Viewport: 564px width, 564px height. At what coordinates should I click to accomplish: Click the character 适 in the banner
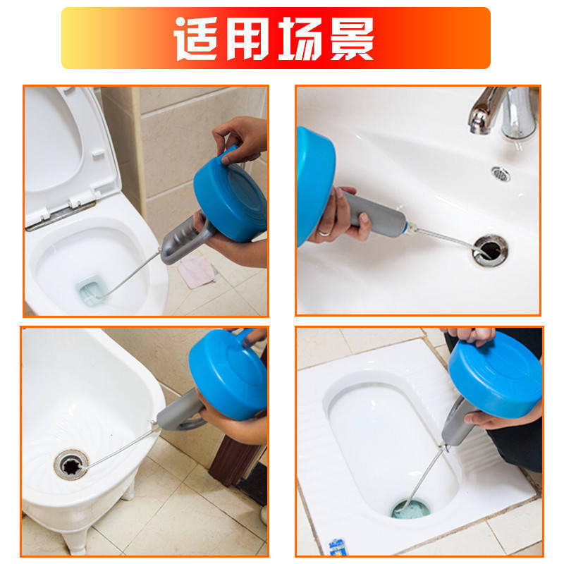click(x=196, y=39)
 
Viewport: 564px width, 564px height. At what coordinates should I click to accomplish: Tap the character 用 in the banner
click(x=248, y=39)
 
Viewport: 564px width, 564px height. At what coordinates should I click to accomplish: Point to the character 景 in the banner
click(x=352, y=39)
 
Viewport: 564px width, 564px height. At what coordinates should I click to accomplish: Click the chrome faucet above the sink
click(x=504, y=112)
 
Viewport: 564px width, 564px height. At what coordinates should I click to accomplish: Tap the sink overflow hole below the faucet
click(x=501, y=174)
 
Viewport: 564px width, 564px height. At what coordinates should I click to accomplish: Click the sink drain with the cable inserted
click(x=490, y=251)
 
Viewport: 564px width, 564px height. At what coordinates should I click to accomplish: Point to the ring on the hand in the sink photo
click(x=324, y=233)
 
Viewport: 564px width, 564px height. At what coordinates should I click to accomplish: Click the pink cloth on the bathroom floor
click(x=197, y=271)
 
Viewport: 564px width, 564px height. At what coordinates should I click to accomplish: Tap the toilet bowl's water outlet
click(x=90, y=290)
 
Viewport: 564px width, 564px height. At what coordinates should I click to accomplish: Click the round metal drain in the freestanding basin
click(x=71, y=465)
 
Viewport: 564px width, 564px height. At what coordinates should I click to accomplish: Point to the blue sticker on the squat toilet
click(x=338, y=547)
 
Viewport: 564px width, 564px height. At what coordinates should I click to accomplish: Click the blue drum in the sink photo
click(x=315, y=186)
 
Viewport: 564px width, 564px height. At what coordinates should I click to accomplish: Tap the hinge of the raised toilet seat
click(x=61, y=215)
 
